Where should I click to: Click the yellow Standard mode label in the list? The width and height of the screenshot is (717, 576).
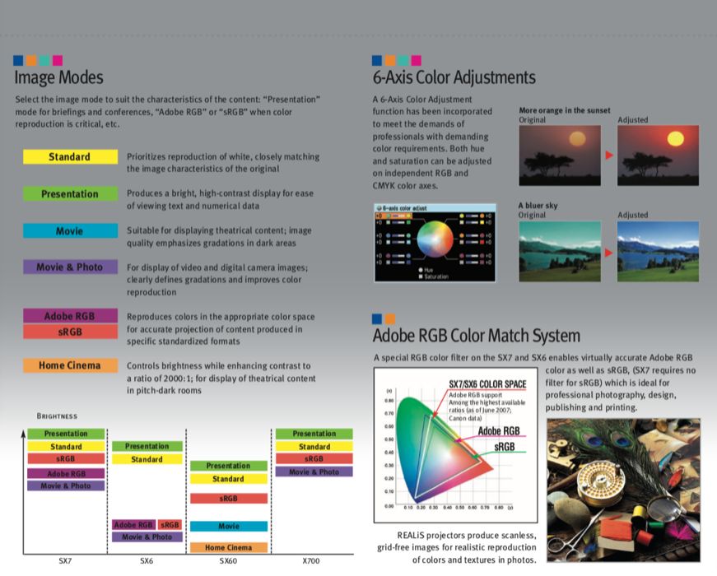pos(69,156)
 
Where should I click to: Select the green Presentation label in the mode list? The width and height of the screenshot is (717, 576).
pos(69,194)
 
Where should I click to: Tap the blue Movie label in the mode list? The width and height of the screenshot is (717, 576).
pos(69,231)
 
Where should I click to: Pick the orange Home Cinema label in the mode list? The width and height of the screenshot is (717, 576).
pos(69,365)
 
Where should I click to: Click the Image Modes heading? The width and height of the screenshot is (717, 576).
pos(58,78)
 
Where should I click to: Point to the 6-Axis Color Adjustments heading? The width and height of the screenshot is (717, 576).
pos(454,78)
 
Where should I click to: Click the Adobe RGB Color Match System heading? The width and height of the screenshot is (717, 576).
pos(477,336)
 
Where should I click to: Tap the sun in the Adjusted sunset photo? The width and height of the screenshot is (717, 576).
pos(655,137)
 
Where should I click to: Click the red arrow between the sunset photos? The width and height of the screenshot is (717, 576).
pos(609,155)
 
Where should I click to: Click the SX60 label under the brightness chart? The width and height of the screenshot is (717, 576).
pos(230,561)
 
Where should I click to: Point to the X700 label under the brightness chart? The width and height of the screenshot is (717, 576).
pos(311,561)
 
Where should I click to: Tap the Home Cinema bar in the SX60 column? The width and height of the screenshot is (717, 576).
pos(228,547)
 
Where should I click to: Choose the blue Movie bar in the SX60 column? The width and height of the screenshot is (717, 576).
pos(228,526)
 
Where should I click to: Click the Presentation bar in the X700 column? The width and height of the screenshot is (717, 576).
pos(314,434)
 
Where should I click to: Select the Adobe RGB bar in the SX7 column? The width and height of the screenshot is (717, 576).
pos(66,474)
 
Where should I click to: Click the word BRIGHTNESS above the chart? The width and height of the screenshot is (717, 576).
pos(57,416)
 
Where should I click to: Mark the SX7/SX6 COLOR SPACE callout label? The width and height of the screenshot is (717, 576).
pos(487,384)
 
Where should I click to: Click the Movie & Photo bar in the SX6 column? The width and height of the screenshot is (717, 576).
pos(147,537)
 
